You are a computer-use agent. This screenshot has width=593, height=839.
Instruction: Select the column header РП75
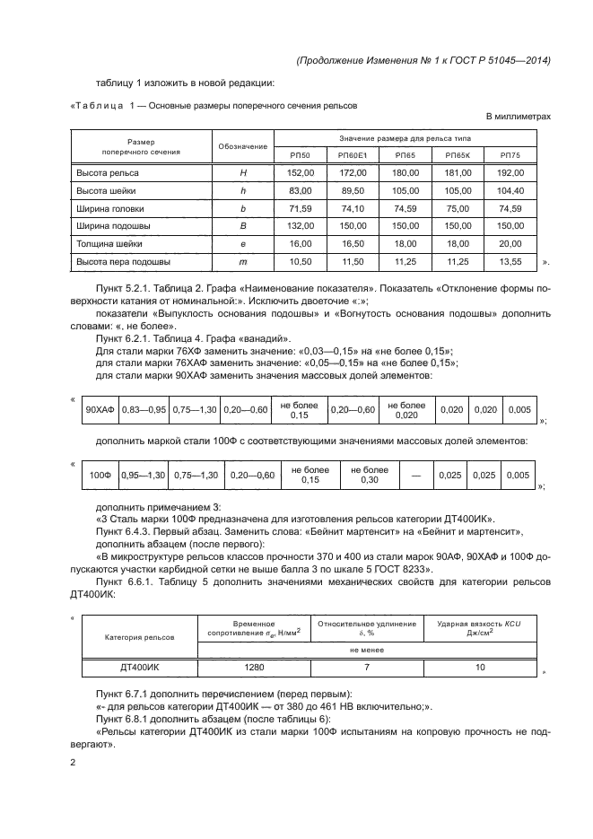click(510, 155)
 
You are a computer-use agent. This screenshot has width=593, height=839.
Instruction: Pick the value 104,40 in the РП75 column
click(510, 190)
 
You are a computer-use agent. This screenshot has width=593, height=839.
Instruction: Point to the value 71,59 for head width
click(299, 208)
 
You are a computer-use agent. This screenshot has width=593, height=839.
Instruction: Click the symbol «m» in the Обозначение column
click(242, 261)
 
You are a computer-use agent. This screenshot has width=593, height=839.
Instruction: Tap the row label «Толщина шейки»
click(109, 243)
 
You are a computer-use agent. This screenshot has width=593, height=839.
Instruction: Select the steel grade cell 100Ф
click(100, 475)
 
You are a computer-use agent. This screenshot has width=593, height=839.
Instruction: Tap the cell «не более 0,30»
click(369, 475)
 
